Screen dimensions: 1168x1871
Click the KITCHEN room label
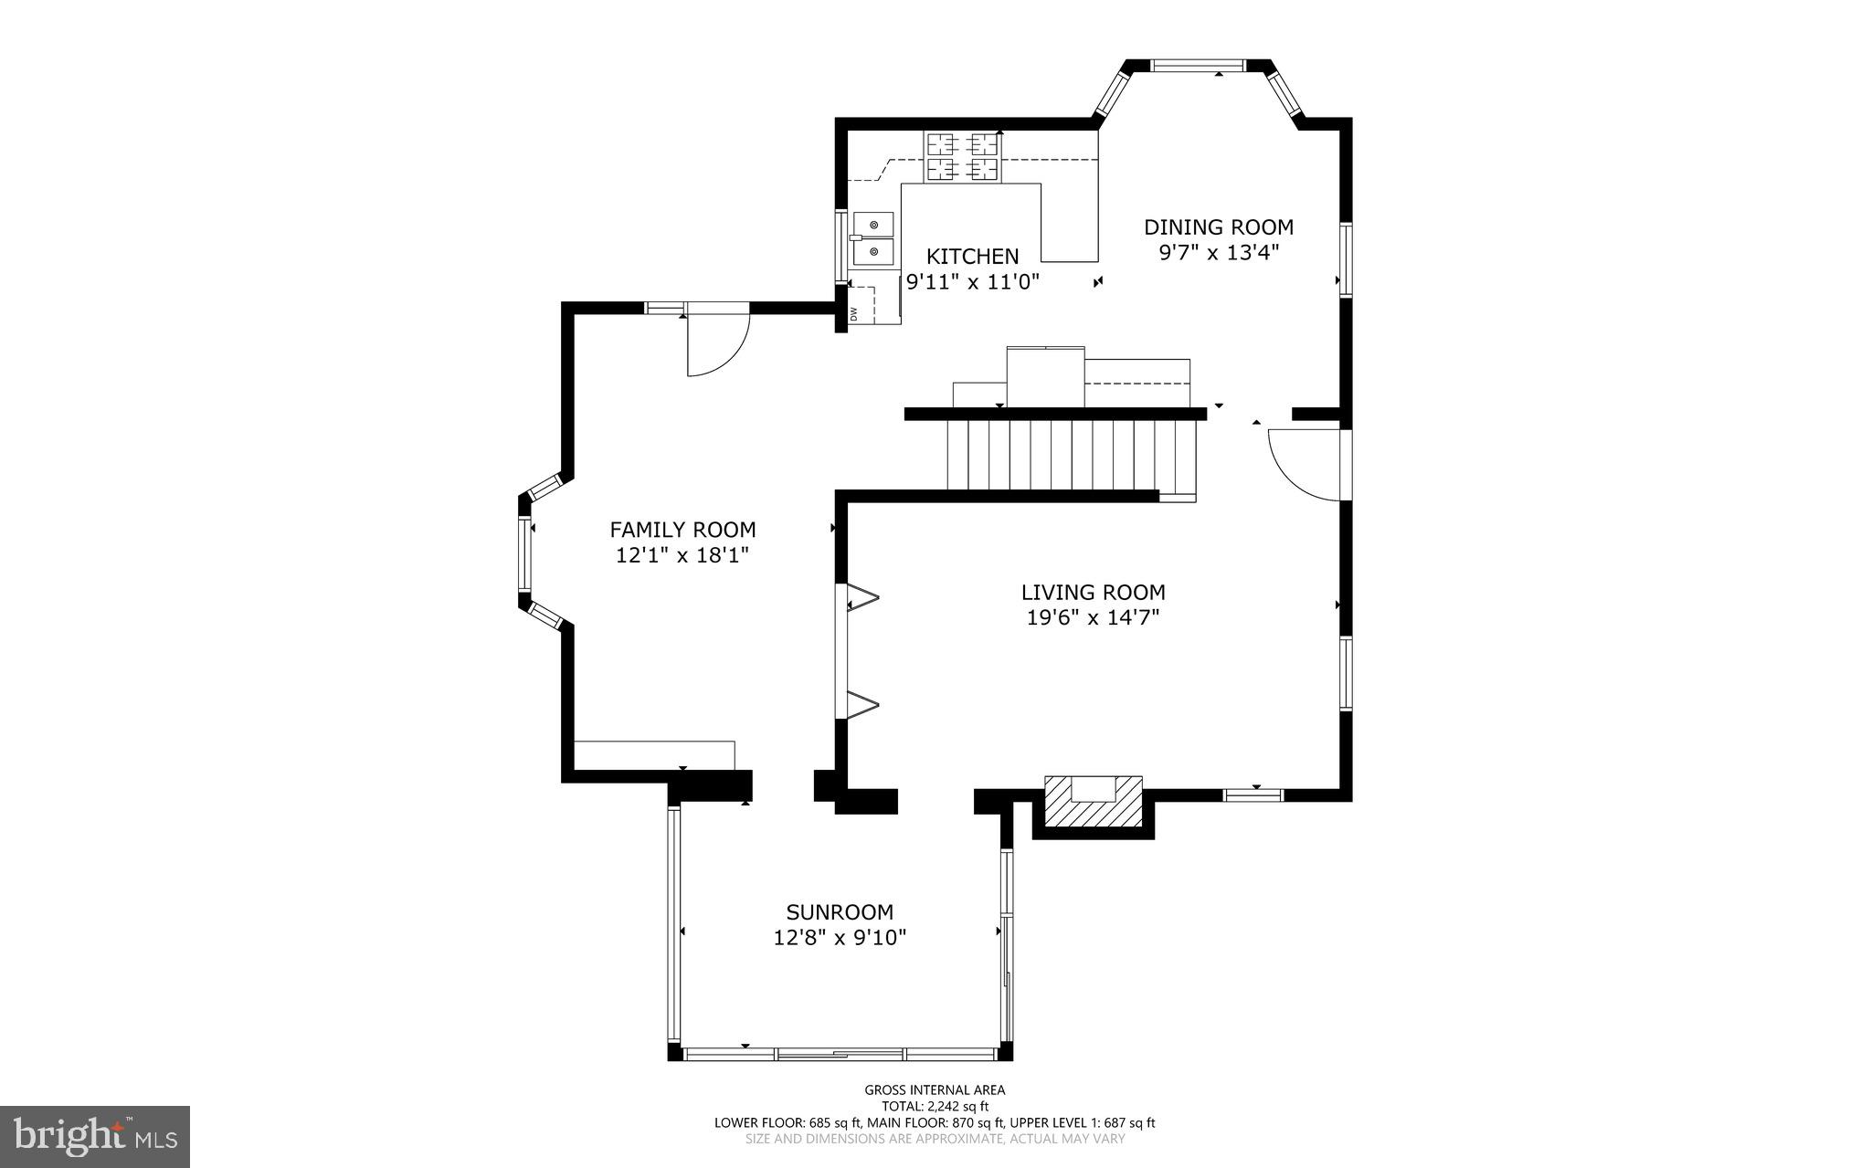[972, 257]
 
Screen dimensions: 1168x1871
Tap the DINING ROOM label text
[1219, 227]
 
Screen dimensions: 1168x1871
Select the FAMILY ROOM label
[682, 530]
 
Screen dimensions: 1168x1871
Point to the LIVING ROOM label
[1093, 593]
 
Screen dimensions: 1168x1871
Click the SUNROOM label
[840, 912]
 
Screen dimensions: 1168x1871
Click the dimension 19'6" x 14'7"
[1093, 618]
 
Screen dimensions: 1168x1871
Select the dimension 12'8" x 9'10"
[840, 938]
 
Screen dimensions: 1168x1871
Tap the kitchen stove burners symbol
[963, 156]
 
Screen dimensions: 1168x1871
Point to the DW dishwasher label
[854, 313]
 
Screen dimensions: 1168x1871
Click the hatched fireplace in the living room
[1094, 803]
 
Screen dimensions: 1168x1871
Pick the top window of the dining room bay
[1197, 65]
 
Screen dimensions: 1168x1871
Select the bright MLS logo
[95, 1136]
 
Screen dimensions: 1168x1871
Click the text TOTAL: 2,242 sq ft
[935, 1106]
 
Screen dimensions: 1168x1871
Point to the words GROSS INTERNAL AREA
[935, 1089]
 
